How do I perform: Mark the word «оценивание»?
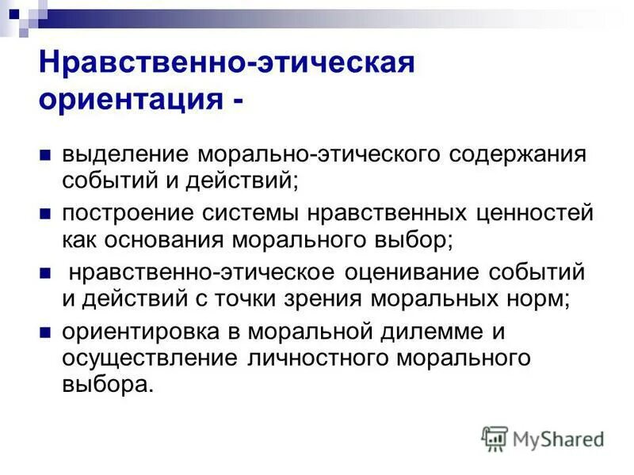click(x=403, y=273)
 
